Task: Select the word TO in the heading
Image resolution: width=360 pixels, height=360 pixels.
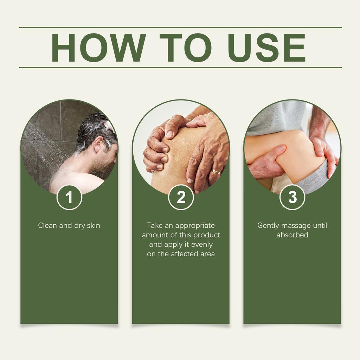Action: coord(185,48)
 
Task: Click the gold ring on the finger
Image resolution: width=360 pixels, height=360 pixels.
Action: coord(216,172)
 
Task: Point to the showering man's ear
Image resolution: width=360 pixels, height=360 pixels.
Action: coord(99,144)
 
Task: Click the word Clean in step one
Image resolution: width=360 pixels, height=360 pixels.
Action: coord(47,226)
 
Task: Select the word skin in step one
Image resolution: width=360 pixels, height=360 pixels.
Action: coord(93,226)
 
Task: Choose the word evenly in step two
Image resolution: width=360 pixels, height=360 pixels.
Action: coord(202,244)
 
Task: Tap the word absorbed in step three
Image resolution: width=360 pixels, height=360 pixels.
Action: coord(292,235)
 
